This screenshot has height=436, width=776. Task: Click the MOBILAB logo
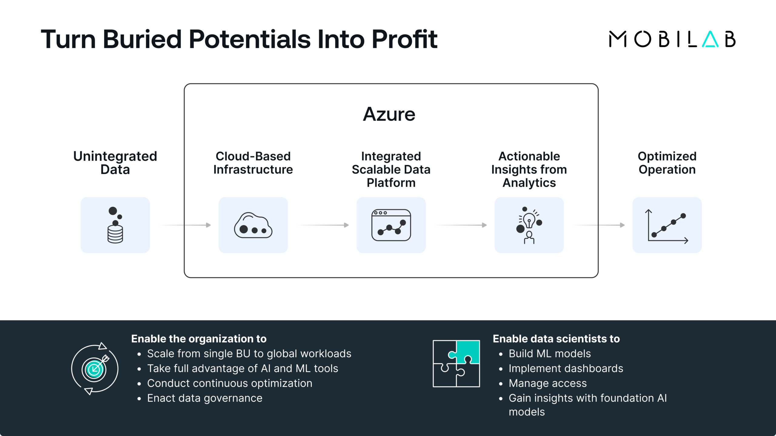[672, 39]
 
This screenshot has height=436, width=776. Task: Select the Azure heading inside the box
[389, 114]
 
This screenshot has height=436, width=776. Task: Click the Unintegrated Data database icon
[115, 225]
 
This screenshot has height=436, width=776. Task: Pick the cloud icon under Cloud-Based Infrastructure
[253, 225]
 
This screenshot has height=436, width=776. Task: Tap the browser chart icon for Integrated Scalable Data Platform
[391, 225]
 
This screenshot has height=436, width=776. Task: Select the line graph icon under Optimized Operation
[667, 225]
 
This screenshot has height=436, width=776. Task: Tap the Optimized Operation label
[667, 163]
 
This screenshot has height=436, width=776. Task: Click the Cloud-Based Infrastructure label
[253, 163]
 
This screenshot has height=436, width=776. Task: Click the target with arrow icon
[95, 369]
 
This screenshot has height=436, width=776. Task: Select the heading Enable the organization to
[199, 339]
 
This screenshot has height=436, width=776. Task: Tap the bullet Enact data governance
[205, 398]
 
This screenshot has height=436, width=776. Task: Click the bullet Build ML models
[550, 354]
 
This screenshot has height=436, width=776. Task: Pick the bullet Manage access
[547, 383]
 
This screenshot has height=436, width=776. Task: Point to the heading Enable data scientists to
[556, 339]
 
